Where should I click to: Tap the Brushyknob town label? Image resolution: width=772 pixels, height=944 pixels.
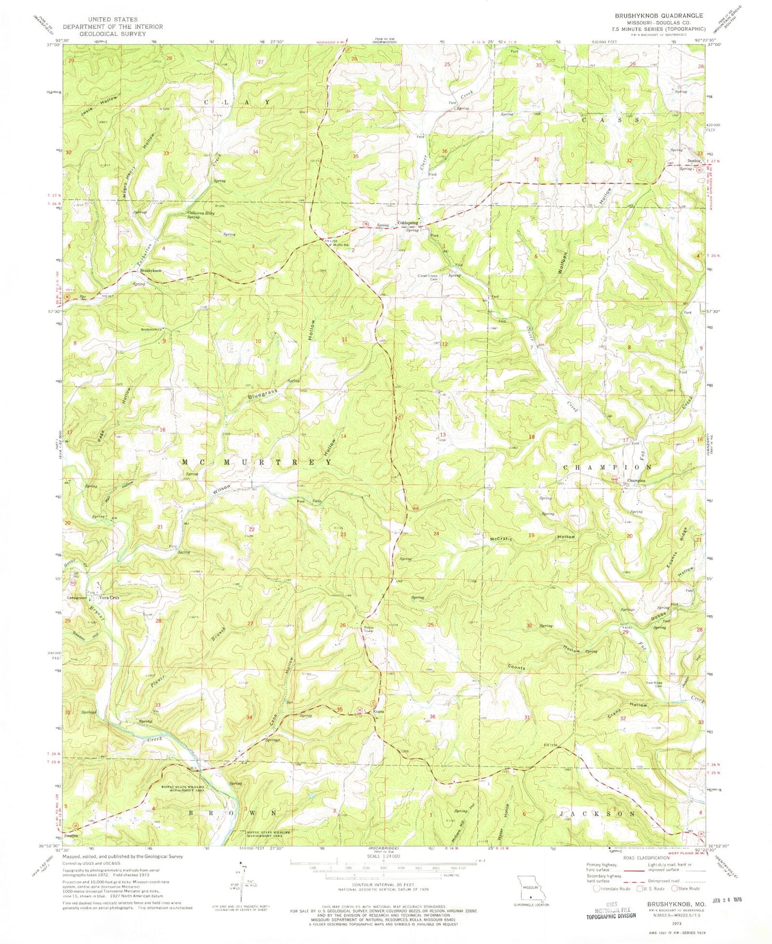(x=151, y=271)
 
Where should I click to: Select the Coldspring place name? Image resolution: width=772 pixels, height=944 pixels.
(x=408, y=223)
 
